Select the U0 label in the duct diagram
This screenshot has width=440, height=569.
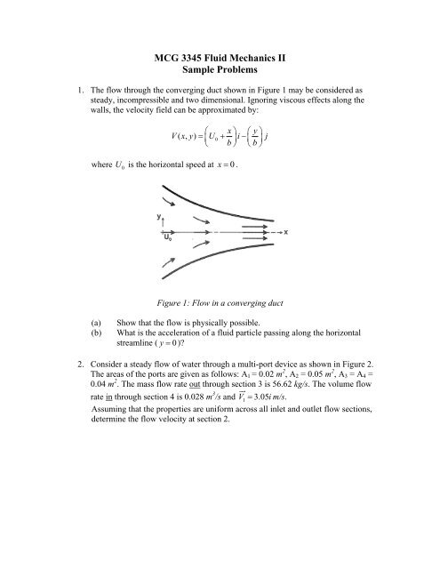166,238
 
